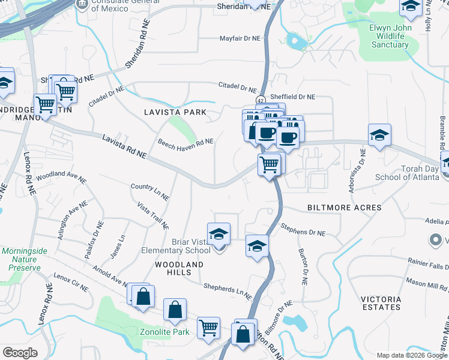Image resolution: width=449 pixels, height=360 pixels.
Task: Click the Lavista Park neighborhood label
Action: tap(175, 112)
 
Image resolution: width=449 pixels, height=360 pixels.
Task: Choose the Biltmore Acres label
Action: tap(344, 208)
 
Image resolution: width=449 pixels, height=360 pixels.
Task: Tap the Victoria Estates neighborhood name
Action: tap(381, 303)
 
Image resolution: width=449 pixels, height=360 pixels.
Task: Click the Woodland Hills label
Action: tap(179, 265)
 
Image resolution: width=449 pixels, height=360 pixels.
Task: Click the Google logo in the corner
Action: tap(20, 352)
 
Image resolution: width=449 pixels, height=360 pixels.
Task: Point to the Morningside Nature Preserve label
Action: tap(20, 259)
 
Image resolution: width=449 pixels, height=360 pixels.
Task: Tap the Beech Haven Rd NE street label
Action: tap(185, 142)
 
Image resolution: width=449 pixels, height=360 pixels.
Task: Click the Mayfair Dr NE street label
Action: tap(239, 37)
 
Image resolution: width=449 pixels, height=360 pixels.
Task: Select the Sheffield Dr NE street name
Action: tap(292, 97)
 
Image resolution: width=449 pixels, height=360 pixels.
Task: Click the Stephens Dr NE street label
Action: tap(303, 229)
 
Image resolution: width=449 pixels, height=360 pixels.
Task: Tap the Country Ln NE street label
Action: tap(150, 191)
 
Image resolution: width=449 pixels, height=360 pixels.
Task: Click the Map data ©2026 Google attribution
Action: tap(411, 355)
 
